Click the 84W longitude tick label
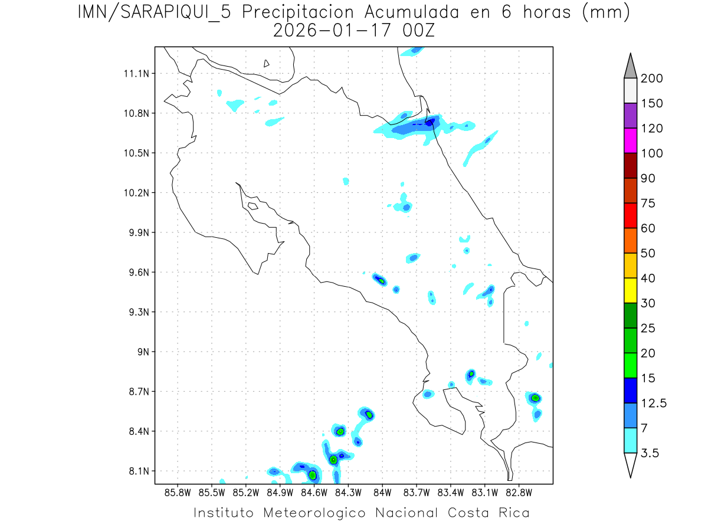382,492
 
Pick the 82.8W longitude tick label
519,492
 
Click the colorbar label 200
652,78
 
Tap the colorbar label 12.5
654,403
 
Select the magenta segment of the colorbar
630,140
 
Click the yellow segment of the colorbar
630,290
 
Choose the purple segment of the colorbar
630,116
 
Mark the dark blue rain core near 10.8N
431,122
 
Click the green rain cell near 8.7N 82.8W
535,398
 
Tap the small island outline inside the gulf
253,206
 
